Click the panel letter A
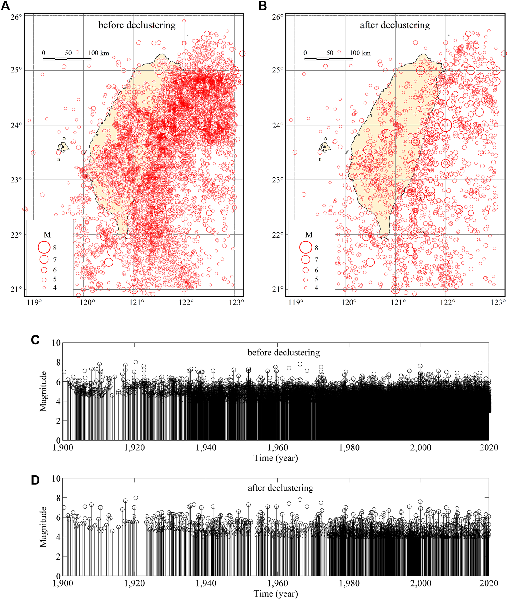click(x=6, y=6)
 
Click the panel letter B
click(x=263, y=6)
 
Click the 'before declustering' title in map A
click(x=137, y=25)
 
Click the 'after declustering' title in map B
click(x=395, y=25)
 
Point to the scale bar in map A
click(x=67, y=58)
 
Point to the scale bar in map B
click(x=329, y=58)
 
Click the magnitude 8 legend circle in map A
click(x=44, y=247)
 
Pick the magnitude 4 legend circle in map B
click(x=306, y=288)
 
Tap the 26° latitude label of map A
click(x=17, y=17)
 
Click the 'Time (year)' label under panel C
click(x=276, y=458)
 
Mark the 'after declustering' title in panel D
click(x=280, y=488)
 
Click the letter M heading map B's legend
click(x=309, y=235)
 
